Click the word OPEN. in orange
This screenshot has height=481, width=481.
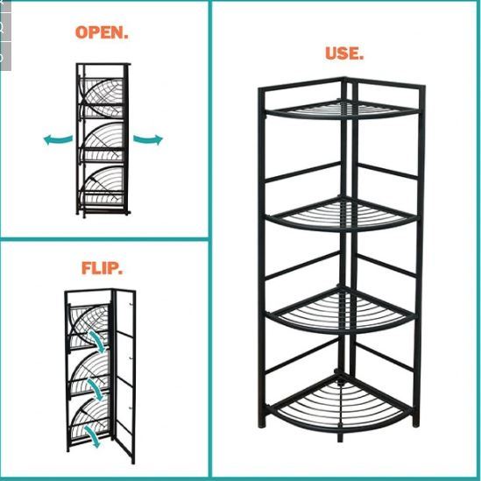[x=102, y=32]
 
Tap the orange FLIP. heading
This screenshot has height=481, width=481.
[x=102, y=267]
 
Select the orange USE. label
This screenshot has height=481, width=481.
[x=344, y=53]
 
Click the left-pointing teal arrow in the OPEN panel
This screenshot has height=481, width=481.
[x=59, y=138]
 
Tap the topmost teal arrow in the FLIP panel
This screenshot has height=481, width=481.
[x=103, y=346]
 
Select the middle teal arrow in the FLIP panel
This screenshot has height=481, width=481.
[x=105, y=392]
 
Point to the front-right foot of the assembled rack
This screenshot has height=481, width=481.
[x=416, y=423]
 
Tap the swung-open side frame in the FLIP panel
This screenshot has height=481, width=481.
[x=126, y=377]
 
